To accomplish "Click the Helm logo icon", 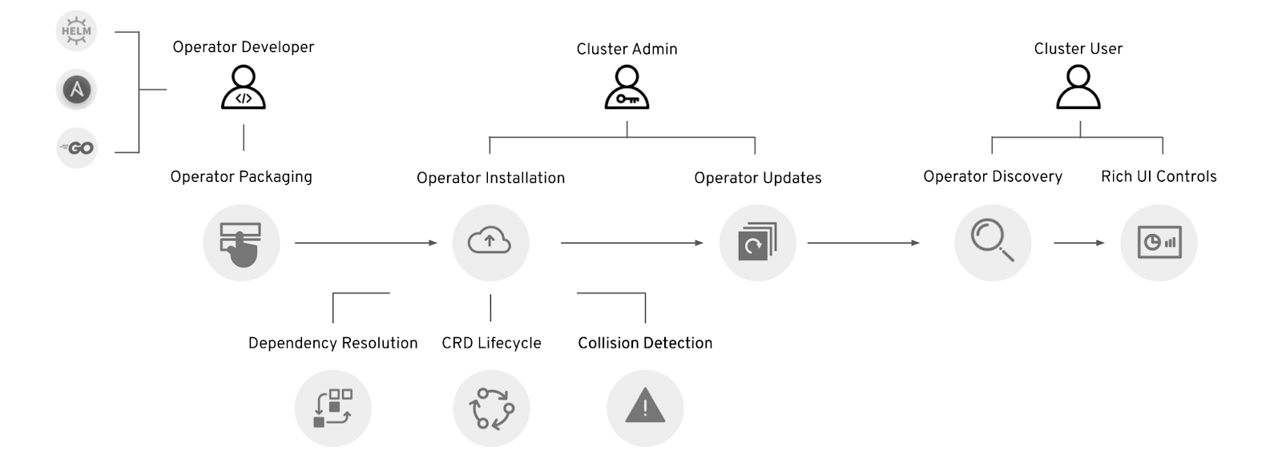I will point(76,32).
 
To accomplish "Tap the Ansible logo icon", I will point(76,90).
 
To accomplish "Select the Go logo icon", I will point(77,148).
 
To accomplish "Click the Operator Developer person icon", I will point(243,87).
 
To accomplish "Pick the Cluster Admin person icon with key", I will point(627,87).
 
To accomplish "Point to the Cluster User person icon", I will point(1078,87).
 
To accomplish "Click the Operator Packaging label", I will point(241,177).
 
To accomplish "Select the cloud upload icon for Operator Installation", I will point(490,243).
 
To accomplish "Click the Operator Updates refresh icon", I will point(757,243).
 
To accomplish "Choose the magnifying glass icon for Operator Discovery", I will point(992,243).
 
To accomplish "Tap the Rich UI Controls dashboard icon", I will point(1159,243).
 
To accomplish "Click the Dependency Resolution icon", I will point(333,408).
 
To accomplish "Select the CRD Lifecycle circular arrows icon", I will point(491,408).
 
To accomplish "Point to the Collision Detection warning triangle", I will point(645,408).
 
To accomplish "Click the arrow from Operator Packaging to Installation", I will point(365,243).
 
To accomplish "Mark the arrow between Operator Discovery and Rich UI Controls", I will point(1078,243).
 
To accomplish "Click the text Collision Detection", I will point(645,343).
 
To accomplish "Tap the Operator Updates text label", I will point(757,178).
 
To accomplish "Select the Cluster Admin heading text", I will point(627,49).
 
